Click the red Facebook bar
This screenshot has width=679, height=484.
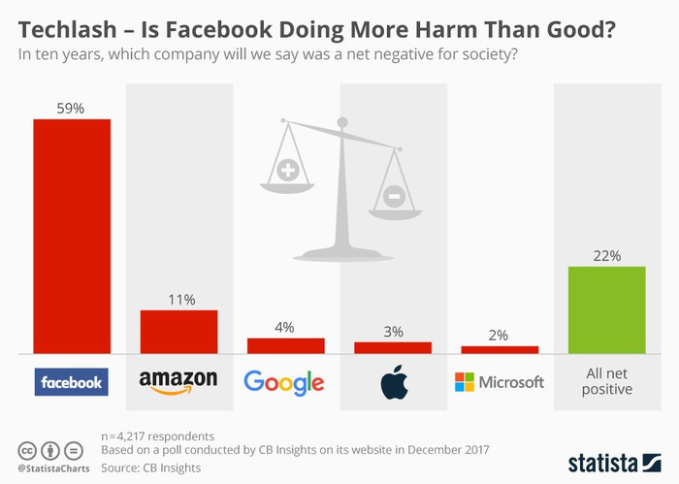click(72, 237)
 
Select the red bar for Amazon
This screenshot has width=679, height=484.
click(178, 333)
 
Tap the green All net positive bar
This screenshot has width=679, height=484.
click(606, 310)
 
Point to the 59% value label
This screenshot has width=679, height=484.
click(72, 109)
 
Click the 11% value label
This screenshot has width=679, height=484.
click(178, 300)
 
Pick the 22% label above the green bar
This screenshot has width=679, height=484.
click(606, 255)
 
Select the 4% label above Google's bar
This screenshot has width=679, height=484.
click(285, 327)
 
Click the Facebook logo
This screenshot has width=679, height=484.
click(72, 382)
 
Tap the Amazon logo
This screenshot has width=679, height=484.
click(178, 382)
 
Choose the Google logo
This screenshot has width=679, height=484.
click(283, 382)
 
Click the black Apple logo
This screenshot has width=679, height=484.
click(392, 383)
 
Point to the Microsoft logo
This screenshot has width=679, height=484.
click(499, 382)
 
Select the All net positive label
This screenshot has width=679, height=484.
click(606, 381)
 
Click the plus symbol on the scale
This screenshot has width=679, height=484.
click(288, 172)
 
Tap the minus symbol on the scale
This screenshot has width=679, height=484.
click(394, 197)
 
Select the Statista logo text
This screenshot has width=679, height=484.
click(614, 459)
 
